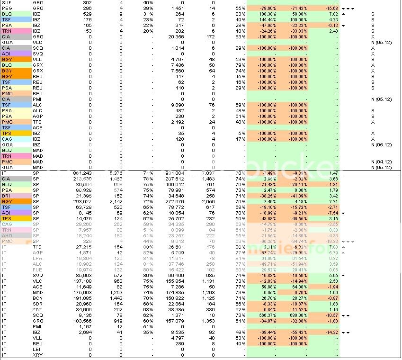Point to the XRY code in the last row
point(37,355)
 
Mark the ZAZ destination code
point(37,309)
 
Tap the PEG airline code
point(7,9)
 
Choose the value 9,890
point(177,105)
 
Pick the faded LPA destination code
point(37,258)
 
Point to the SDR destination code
point(37,304)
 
